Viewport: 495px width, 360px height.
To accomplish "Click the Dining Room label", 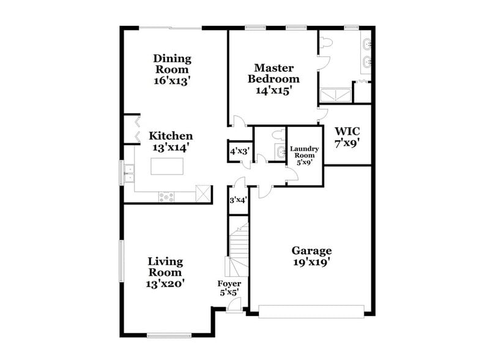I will (172, 64).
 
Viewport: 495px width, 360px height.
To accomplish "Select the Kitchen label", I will (171, 136).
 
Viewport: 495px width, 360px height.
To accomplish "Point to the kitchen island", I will (167, 166).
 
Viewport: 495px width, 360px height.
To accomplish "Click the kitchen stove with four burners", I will (166, 197).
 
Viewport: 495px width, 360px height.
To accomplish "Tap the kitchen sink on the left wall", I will (128, 173).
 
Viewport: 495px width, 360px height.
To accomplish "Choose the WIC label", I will (347, 132).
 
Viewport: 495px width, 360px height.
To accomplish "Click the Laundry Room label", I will (305, 152).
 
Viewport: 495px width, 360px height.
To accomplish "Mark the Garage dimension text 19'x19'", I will (311, 262).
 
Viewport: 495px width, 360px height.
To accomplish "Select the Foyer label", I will (229, 284).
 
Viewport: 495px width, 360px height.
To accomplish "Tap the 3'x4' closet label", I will (238, 200).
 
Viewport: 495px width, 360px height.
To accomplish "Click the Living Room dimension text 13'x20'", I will (165, 283).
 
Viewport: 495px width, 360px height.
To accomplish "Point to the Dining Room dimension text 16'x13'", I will (172, 80).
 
